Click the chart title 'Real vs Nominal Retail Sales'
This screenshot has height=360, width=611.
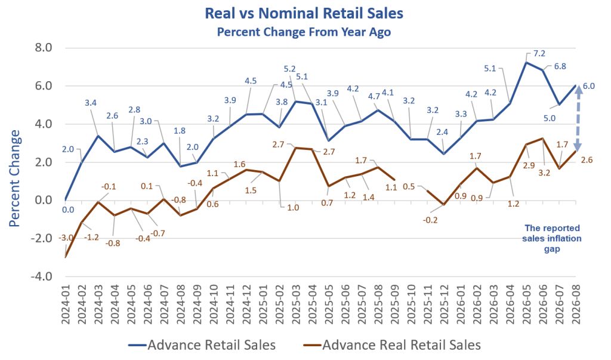click(304, 13)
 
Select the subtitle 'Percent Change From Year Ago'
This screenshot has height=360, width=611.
click(304, 32)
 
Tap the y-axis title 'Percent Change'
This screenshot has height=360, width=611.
click(14, 179)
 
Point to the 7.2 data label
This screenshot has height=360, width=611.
click(539, 54)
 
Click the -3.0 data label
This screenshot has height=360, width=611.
click(66, 238)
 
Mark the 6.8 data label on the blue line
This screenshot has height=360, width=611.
click(560, 66)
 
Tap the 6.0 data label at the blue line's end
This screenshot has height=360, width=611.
click(589, 86)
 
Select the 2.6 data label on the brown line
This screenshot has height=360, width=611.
click(587, 160)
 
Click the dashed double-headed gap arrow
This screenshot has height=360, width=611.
click(578, 118)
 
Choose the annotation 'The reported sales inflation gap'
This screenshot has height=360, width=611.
click(552, 238)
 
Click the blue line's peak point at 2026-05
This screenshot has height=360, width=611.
click(526, 62)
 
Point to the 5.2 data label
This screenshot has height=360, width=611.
click(289, 69)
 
